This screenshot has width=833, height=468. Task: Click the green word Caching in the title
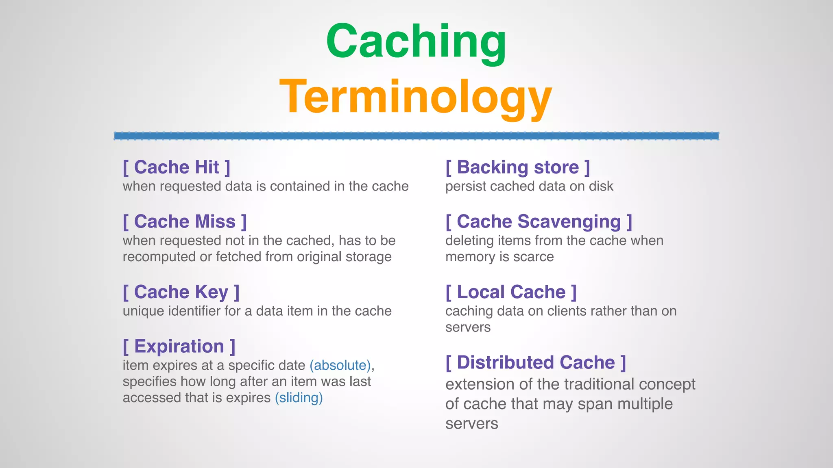point(416,41)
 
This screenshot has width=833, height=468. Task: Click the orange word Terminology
point(416,97)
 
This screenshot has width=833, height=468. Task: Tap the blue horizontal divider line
point(416,136)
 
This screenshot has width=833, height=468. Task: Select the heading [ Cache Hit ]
point(177,167)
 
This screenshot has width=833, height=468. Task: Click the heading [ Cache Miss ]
point(185,222)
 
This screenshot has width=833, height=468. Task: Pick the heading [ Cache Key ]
point(181,292)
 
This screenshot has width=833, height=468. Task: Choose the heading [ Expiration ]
point(179,347)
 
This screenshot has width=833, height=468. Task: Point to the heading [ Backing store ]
point(517,167)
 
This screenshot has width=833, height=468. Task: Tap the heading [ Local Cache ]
point(511,292)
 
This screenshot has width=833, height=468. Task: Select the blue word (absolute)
point(340,365)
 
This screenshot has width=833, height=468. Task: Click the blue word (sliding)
point(299,398)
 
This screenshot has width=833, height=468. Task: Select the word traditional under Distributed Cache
point(599,384)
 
